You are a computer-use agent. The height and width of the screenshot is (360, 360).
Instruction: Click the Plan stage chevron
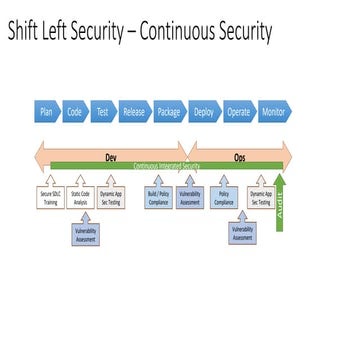(x=46, y=112)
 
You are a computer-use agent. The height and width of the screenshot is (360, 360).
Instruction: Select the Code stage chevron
(x=74, y=112)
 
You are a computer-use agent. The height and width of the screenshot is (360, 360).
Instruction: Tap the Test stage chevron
(x=102, y=112)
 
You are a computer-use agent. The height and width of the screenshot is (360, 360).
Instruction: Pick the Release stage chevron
(x=134, y=112)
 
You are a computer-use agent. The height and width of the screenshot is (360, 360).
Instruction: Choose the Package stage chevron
(x=169, y=112)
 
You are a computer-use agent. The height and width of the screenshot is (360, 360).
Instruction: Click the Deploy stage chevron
(x=204, y=112)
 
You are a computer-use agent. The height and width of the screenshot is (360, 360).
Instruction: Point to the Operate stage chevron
(x=238, y=112)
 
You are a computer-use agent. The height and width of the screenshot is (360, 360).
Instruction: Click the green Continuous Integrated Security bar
(x=160, y=165)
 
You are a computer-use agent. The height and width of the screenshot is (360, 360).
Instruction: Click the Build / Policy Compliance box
(x=157, y=197)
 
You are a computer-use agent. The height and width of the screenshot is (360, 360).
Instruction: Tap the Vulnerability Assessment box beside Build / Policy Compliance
(x=190, y=197)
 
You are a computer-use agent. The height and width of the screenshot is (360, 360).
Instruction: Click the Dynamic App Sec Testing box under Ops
(x=261, y=197)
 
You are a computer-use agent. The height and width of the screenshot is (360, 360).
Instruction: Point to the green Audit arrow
(x=281, y=196)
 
